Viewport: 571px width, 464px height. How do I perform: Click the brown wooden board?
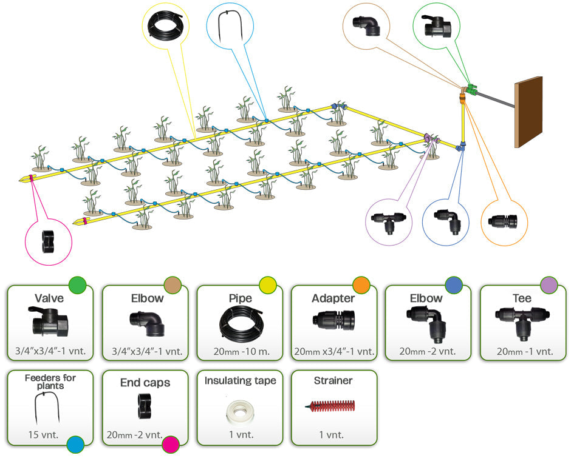(528, 112)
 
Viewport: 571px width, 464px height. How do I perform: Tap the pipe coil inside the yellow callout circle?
(165, 26)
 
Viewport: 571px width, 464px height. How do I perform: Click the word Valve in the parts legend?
(50, 298)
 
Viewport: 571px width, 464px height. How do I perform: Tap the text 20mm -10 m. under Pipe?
(239, 352)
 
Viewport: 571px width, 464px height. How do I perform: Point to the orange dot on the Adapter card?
(361, 284)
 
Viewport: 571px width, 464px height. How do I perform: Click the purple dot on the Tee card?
(549, 284)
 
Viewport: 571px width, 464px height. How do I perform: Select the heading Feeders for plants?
(50, 382)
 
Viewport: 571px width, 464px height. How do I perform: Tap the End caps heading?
(145, 383)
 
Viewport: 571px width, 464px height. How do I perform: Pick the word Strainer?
(333, 381)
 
